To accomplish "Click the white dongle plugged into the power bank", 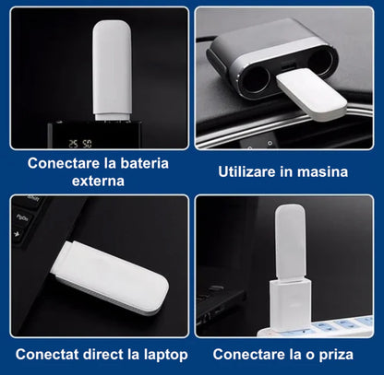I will [x=112, y=68].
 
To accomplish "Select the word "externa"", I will [x=97, y=181].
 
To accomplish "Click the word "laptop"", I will [x=164, y=355].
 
